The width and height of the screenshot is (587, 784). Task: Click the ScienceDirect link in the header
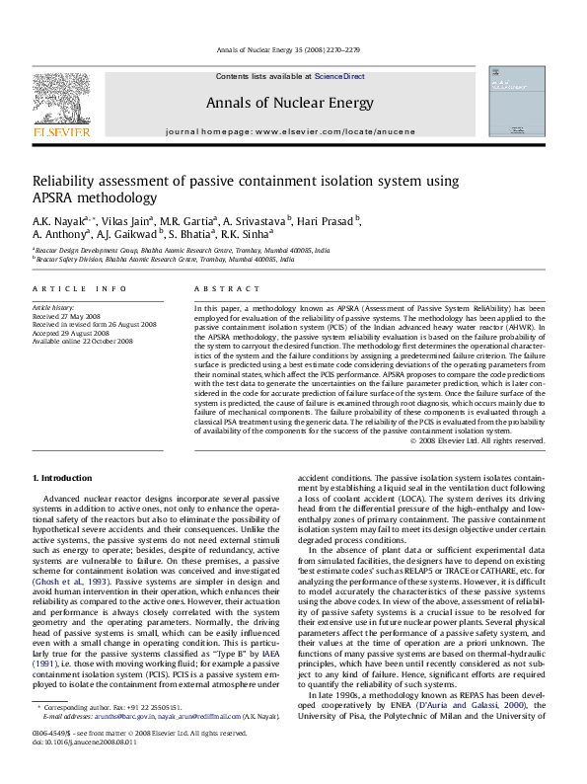[x=340, y=76]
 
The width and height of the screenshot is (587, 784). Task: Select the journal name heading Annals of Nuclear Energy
[x=289, y=103]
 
